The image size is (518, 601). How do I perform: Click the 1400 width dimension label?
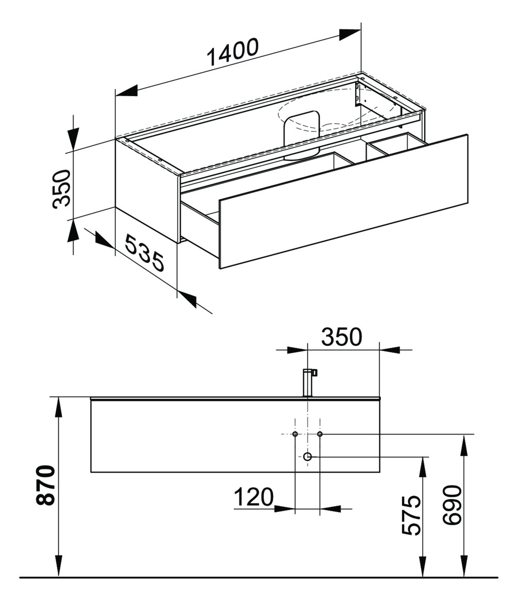point(232,52)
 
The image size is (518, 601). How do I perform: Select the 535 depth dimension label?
point(144,253)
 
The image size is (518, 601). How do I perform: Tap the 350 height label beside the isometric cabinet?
point(62,188)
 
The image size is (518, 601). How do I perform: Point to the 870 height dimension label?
point(47,485)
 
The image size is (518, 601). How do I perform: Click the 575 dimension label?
point(411,515)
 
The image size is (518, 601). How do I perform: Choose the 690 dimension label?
point(453,505)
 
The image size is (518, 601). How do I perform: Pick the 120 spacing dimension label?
point(253,497)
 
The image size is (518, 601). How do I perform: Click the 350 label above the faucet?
point(341,337)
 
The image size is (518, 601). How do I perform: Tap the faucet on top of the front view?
point(308,382)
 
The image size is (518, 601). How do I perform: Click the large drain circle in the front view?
point(308,457)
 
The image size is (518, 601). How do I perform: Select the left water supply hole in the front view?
point(295,435)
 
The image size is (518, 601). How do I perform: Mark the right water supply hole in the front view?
point(320,435)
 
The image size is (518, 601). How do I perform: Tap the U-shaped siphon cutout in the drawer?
point(302,133)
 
